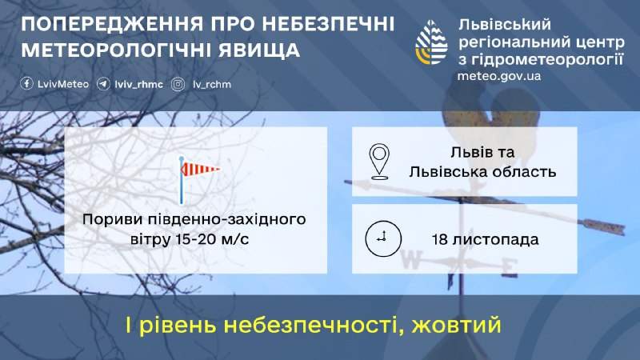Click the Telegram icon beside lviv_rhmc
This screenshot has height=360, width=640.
point(103,84)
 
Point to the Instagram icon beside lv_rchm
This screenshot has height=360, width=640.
point(178,84)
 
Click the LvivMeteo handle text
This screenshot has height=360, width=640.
point(62,84)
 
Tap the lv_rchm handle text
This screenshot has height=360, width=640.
point(212,84)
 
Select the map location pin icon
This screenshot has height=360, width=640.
point(379,161)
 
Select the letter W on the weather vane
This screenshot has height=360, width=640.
point(414,258)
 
